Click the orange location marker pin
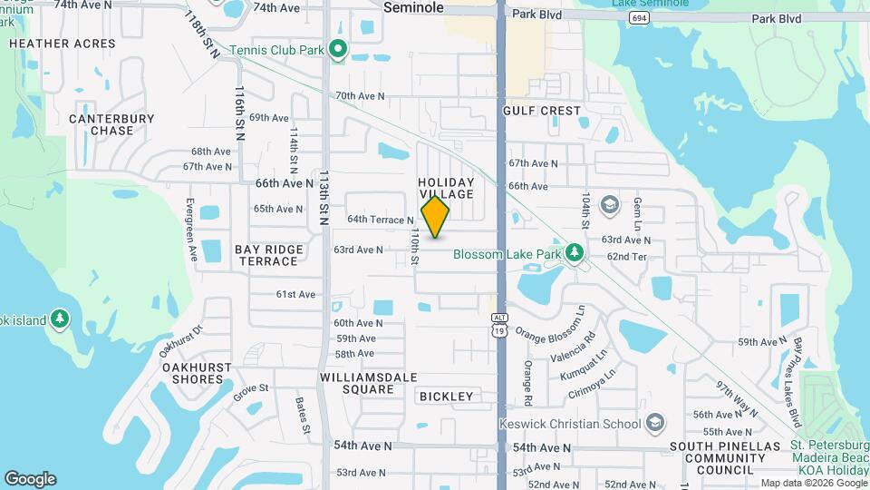pyautogui.click(x=435, y=217)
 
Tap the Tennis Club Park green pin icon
pyautogui.click(x=338, y=49)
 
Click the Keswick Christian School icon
pyautogui.click(x=656, y=422)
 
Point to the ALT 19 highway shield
pyautogui.click(x=500, y=324)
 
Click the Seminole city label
pyautogui.click(x=413, y=7)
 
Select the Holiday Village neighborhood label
pyautogui.click(x=446, y=189)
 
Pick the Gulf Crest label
pyautogui.click(x=541, y=111)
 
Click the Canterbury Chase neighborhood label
pyautogui.click(x=111, y=124)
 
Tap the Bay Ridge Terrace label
pyautogui.click(x=267, y=255)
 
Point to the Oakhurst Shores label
pyautogui.click(x=198, y=373)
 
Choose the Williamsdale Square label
pyautogui.click(x=356, y=383)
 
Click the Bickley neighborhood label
pyautogui.click(x=446, y=397)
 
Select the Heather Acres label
pyautogui.click(x=63, y=44)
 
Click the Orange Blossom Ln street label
pyautogui.click(x=550, y=324)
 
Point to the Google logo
pyautogui.click(x=30, y=479)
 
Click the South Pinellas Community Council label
pyautogui.click(x=725, y=458)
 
